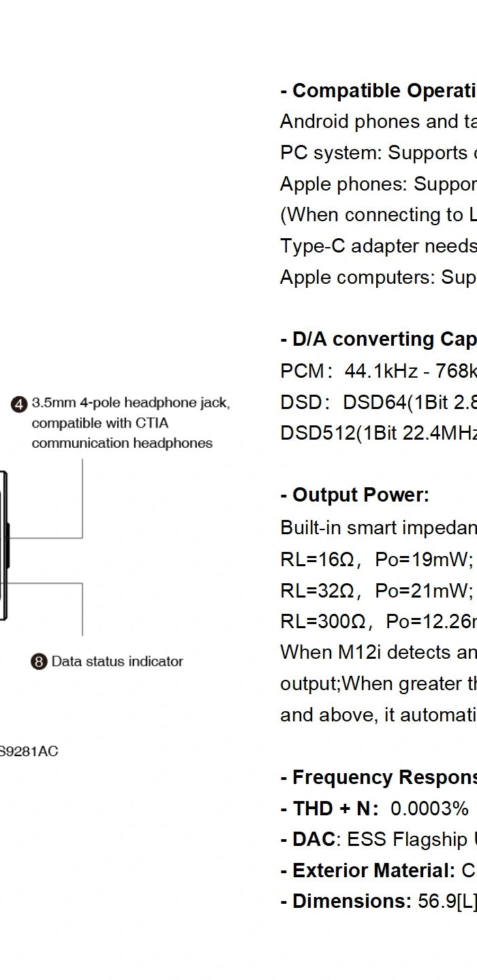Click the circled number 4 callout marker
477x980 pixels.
coord(19,404)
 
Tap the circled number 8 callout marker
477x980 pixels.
coord(39,661)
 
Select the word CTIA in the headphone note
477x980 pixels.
coord(152,423)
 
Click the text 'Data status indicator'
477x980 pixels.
coord(117,661)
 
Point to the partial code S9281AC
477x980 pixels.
coord(29,751)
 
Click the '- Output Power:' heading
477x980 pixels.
coord(354,495)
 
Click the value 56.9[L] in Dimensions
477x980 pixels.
coord(446,902)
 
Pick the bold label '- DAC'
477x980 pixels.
coord(307,840)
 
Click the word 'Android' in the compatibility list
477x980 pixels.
coord(309,122)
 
